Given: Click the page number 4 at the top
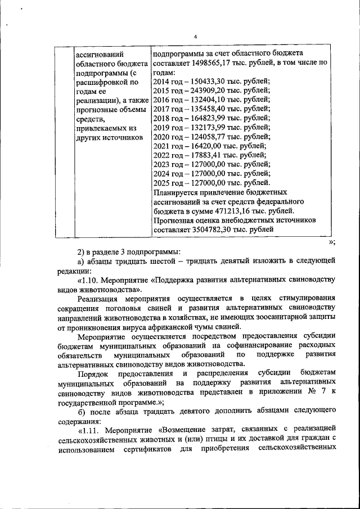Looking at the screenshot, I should pos(195,37).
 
